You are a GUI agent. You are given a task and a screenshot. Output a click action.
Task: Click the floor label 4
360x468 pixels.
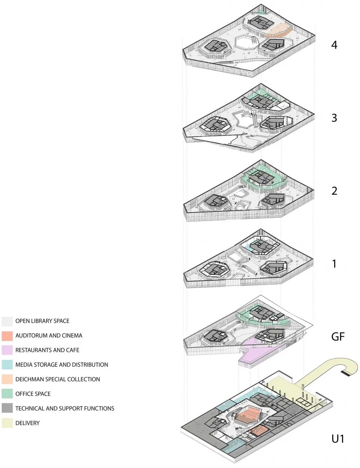tap(334, 45)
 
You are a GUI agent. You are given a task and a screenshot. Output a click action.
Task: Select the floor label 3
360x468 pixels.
tap(334, 118)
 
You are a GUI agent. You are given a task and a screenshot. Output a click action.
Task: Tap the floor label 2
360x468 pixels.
tap(334, 191)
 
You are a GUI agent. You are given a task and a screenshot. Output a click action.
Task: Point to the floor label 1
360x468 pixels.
tap(334, 264)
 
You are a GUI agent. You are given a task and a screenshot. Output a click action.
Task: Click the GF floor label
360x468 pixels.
tap(337, 337)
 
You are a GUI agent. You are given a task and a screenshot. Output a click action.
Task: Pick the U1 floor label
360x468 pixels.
tap(337, 438)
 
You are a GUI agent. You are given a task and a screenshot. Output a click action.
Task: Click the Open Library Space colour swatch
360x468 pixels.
tap(7, 321)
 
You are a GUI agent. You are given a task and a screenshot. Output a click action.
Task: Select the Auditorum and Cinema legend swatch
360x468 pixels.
tap(7, 336)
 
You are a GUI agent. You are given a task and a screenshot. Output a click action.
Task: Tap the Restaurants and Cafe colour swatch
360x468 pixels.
tap(7, 350)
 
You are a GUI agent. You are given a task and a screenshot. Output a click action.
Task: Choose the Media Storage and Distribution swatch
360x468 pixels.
tap(7, 365)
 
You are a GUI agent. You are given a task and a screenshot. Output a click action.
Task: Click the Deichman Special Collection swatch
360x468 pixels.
tap(7, 379)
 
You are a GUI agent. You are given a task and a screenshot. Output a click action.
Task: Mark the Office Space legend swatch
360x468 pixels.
tap(7, 394)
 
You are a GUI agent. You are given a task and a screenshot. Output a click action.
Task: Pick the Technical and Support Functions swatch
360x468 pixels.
tap(7, 408)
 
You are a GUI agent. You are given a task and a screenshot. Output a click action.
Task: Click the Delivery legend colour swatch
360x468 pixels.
tap(7, 423)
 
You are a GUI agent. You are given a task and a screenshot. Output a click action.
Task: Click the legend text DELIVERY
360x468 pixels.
tap(27, 423)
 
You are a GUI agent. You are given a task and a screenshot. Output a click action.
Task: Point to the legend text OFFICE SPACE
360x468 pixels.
tap(33, 394)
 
